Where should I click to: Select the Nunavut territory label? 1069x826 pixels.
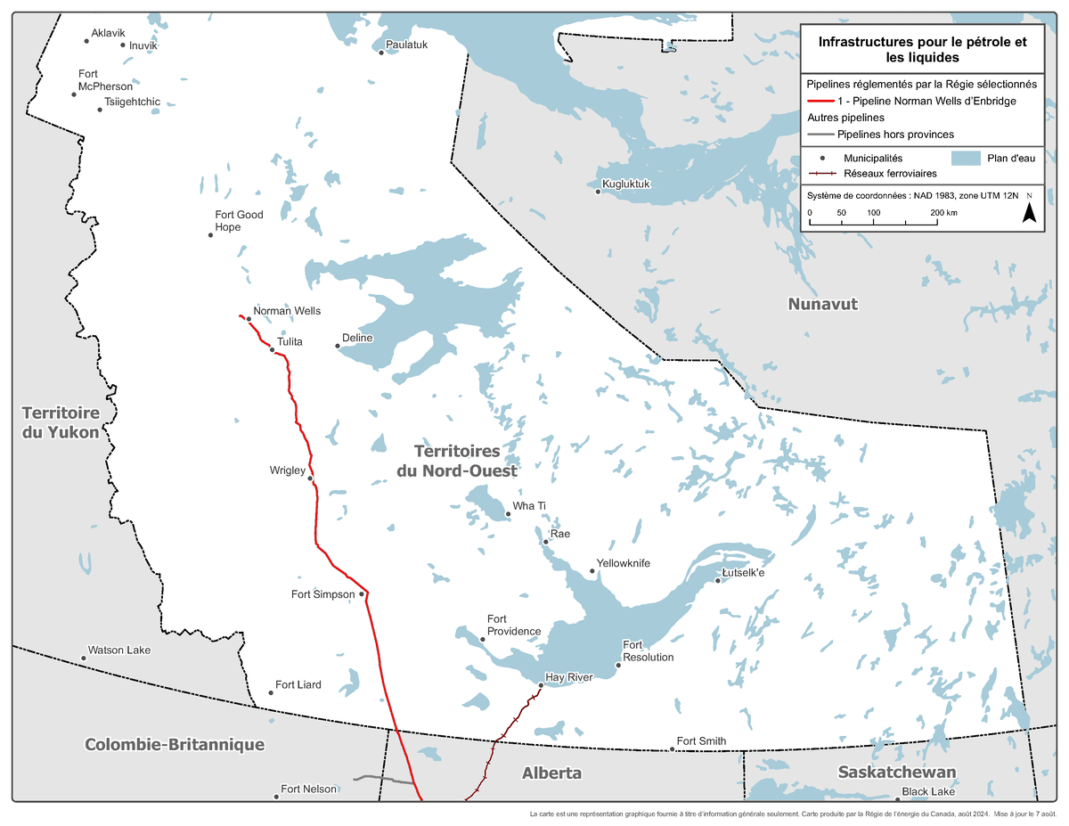point(822,304)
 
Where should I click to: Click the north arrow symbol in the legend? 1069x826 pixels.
point(1028,211)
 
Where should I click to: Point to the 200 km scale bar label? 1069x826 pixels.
point(943,213)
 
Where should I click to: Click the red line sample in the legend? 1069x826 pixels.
point(820,102)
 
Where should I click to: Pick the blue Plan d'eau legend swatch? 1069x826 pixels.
point(965,159)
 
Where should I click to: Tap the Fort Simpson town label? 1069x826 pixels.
point(323,594)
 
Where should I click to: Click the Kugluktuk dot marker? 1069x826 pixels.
point(598,191)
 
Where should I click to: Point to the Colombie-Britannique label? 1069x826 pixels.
point(175,744)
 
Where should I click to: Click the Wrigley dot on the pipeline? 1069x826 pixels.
point(310,478)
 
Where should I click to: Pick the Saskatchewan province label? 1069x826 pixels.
point(897,772)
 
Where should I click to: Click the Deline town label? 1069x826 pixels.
point(357,339)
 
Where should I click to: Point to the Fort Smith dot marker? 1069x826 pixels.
point(672,749)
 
